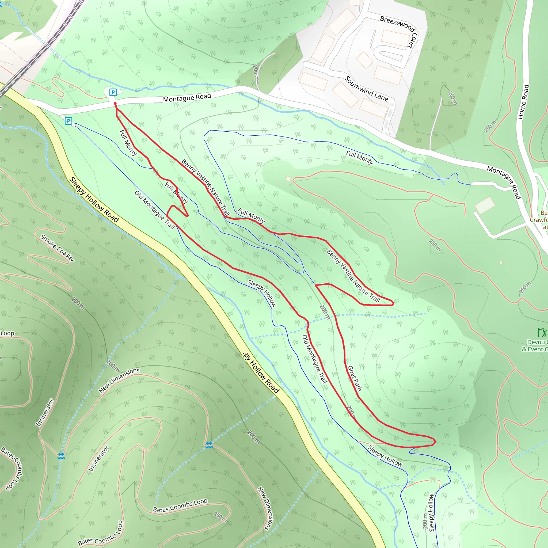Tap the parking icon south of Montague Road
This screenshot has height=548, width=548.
click(68, 121)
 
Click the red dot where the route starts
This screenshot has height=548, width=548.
click(115, 104)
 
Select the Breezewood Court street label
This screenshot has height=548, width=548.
click(398, 32)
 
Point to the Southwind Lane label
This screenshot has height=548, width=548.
click(366, 89)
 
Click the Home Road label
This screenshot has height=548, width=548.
click(523, 102)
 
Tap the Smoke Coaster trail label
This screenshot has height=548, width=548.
click(57, 248)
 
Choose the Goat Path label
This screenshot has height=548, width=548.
click(355, 378)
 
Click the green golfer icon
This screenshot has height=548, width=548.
click(542, 332)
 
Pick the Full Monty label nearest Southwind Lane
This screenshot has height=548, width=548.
click(359, 157)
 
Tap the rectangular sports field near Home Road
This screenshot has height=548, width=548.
click(485, 205)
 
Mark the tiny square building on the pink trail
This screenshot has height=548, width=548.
click(288, 179)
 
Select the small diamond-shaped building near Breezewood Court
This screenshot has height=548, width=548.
click(364, 60)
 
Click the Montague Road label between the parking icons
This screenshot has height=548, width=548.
click(187, 98)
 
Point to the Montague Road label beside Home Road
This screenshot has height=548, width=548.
click(504, 183)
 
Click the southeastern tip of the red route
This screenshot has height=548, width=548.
click(435, 442)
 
